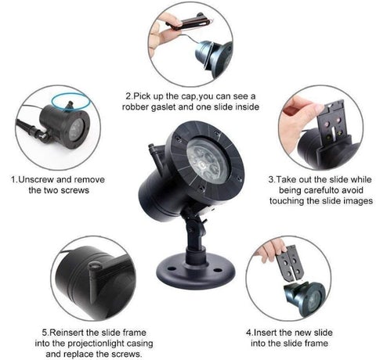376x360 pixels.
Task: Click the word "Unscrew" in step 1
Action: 37,179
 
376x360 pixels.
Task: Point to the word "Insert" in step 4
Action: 265,333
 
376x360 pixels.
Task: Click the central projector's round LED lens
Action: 208,160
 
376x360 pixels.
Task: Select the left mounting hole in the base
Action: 172,268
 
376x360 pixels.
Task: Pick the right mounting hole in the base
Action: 217,270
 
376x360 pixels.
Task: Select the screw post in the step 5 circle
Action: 94,280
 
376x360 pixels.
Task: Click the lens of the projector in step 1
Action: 76,130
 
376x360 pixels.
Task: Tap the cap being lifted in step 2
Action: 187,22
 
